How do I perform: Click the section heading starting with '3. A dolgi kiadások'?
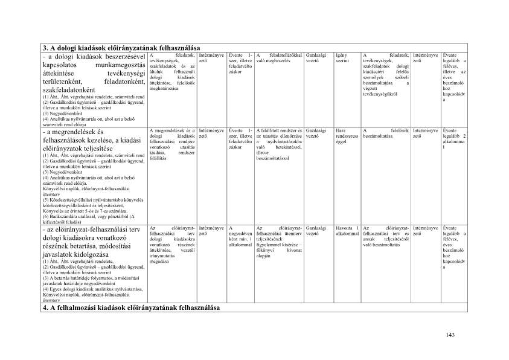click(121, 48)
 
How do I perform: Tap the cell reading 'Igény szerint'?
click(342, 58)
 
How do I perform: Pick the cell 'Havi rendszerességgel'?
click(346, 137)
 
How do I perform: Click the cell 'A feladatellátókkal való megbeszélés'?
click(278, 58)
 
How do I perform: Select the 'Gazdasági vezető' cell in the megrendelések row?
click(316, 133)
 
